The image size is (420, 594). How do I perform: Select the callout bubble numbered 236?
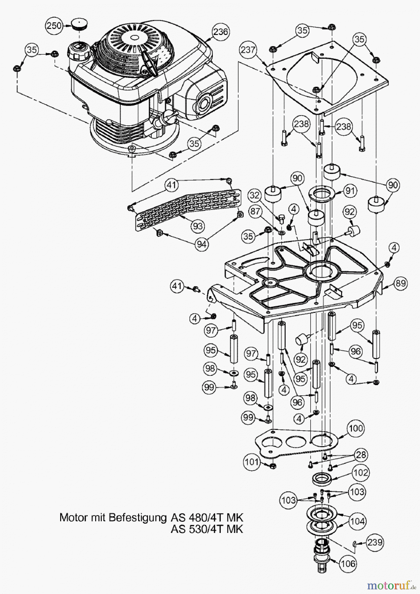[220, 32]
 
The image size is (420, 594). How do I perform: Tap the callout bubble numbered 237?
[248, 50]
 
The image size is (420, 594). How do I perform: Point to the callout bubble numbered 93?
[198, 226]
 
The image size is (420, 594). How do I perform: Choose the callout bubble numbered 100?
[356, 428]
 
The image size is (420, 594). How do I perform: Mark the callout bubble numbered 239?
[375, 542]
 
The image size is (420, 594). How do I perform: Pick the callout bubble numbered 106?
[348, 563]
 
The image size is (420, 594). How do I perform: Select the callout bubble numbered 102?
[361, 473]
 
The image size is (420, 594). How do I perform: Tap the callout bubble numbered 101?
[251, 461]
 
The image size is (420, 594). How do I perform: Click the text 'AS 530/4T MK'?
[207, 529]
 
